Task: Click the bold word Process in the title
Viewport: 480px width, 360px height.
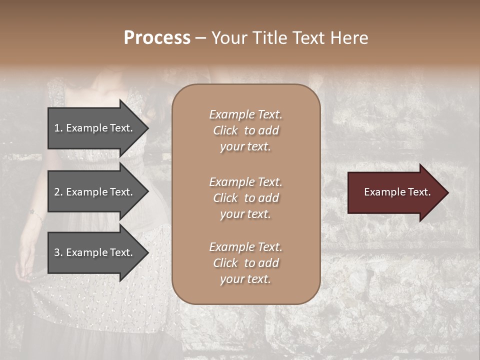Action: [157, 38]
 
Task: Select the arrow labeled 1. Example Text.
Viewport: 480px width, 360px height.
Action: [95, 128]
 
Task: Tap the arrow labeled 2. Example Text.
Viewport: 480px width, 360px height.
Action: [95, 192]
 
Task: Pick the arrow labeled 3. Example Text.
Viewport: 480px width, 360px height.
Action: [95, 252]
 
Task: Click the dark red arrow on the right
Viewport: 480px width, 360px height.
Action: [395, 192]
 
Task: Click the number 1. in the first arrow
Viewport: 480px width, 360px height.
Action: [58, 128]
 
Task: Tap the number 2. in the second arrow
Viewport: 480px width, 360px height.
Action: [58, 192]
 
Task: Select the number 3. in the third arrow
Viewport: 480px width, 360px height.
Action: [58, 252]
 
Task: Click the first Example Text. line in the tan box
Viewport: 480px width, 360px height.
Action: [245, 114]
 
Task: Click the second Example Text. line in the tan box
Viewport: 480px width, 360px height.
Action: [245, 182]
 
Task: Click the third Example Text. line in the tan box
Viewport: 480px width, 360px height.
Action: [245, 247]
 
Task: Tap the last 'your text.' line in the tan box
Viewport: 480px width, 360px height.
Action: [245, 279]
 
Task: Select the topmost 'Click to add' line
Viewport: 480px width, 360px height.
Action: [245, 130]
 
